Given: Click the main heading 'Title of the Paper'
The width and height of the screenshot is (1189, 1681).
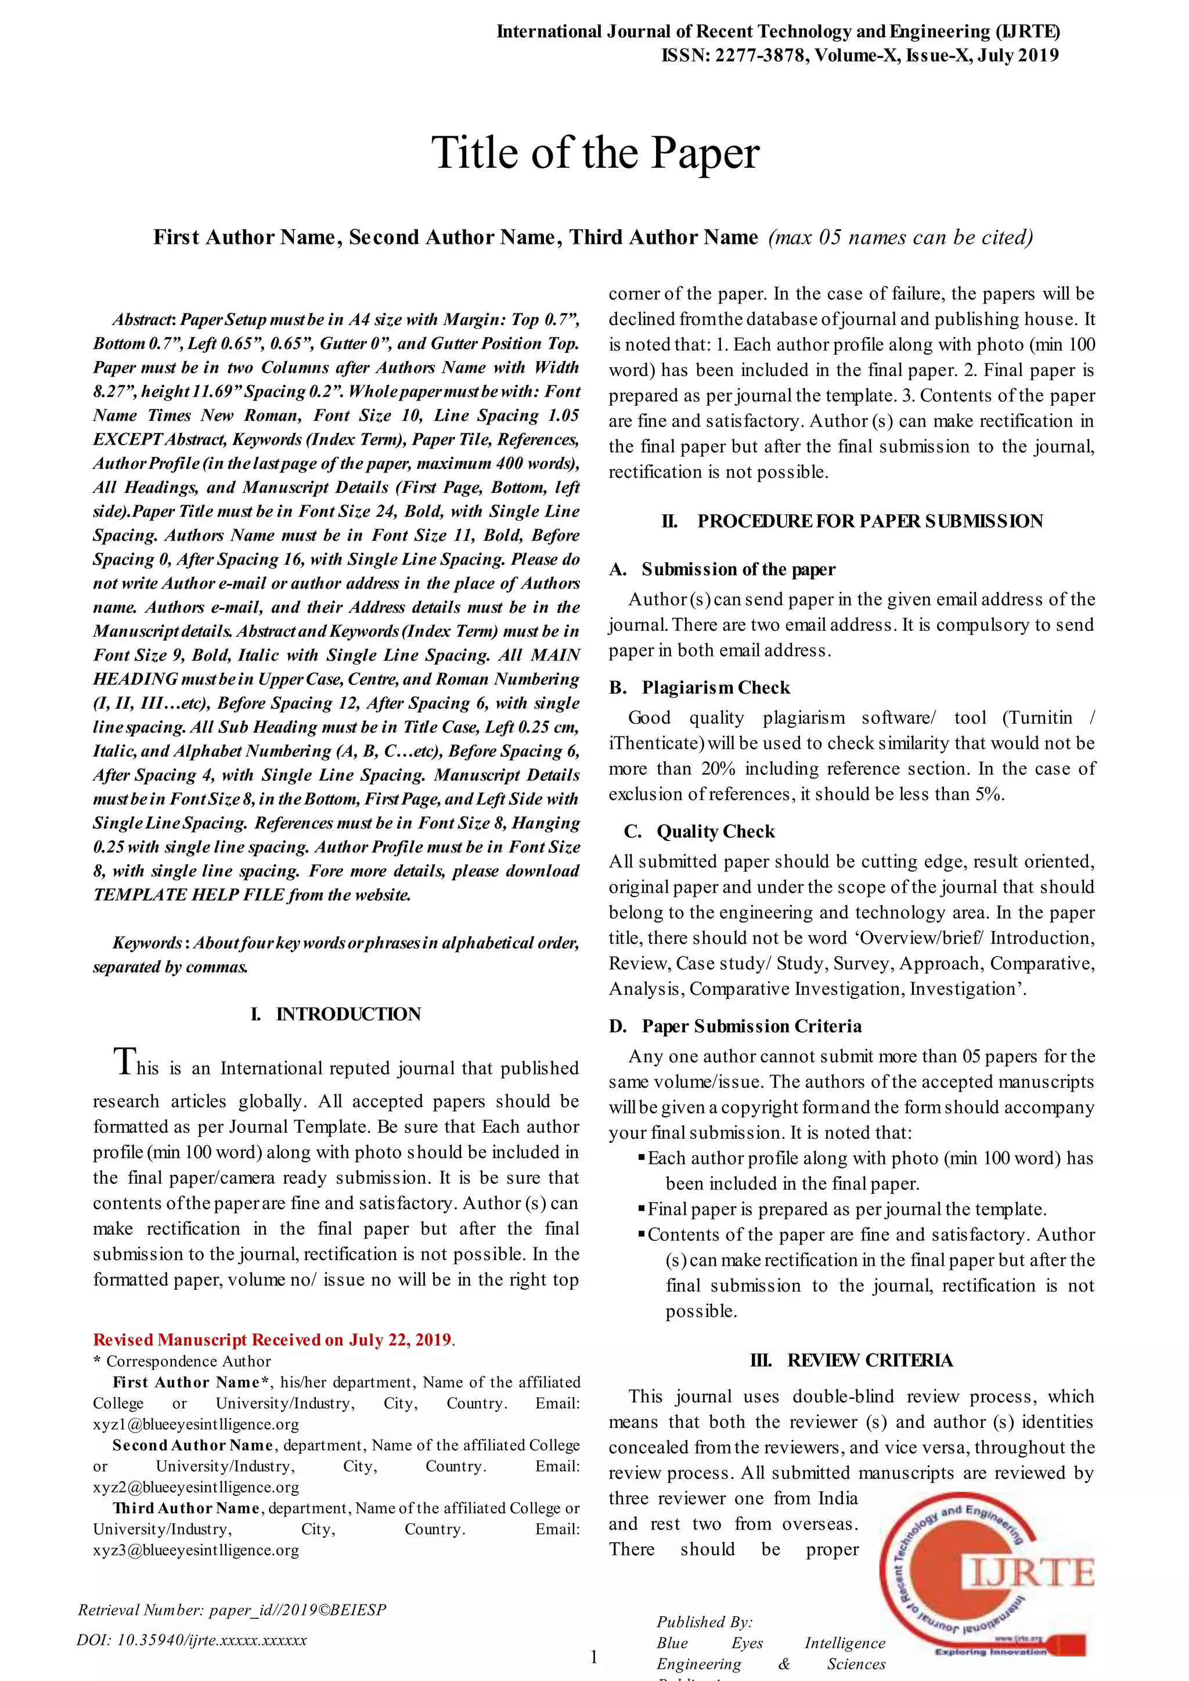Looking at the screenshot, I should tap(595, 153).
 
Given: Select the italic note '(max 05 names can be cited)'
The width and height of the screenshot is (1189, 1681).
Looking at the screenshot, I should tap(900, 237).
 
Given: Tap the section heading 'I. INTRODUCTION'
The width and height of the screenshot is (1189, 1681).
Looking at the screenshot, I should tap(336, 1014).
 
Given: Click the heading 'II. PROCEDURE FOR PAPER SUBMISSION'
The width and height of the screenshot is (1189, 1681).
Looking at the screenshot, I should tap(852, 521).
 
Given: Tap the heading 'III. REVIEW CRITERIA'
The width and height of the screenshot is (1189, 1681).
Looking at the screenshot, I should tap(852, 1361).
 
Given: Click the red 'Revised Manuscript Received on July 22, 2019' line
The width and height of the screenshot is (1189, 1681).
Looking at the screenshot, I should tap(274, 1340).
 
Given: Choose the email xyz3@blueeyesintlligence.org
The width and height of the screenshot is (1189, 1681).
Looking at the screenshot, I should tap(196, 1550).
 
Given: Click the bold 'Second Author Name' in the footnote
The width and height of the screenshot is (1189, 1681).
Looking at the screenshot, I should tap(193, 1446).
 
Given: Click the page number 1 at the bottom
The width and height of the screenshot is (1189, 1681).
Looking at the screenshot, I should tap(594, 1656).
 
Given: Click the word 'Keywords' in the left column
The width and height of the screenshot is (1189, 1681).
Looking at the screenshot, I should tap(146, 943).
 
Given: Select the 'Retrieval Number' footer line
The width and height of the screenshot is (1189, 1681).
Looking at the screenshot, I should tap(232, 1610).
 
